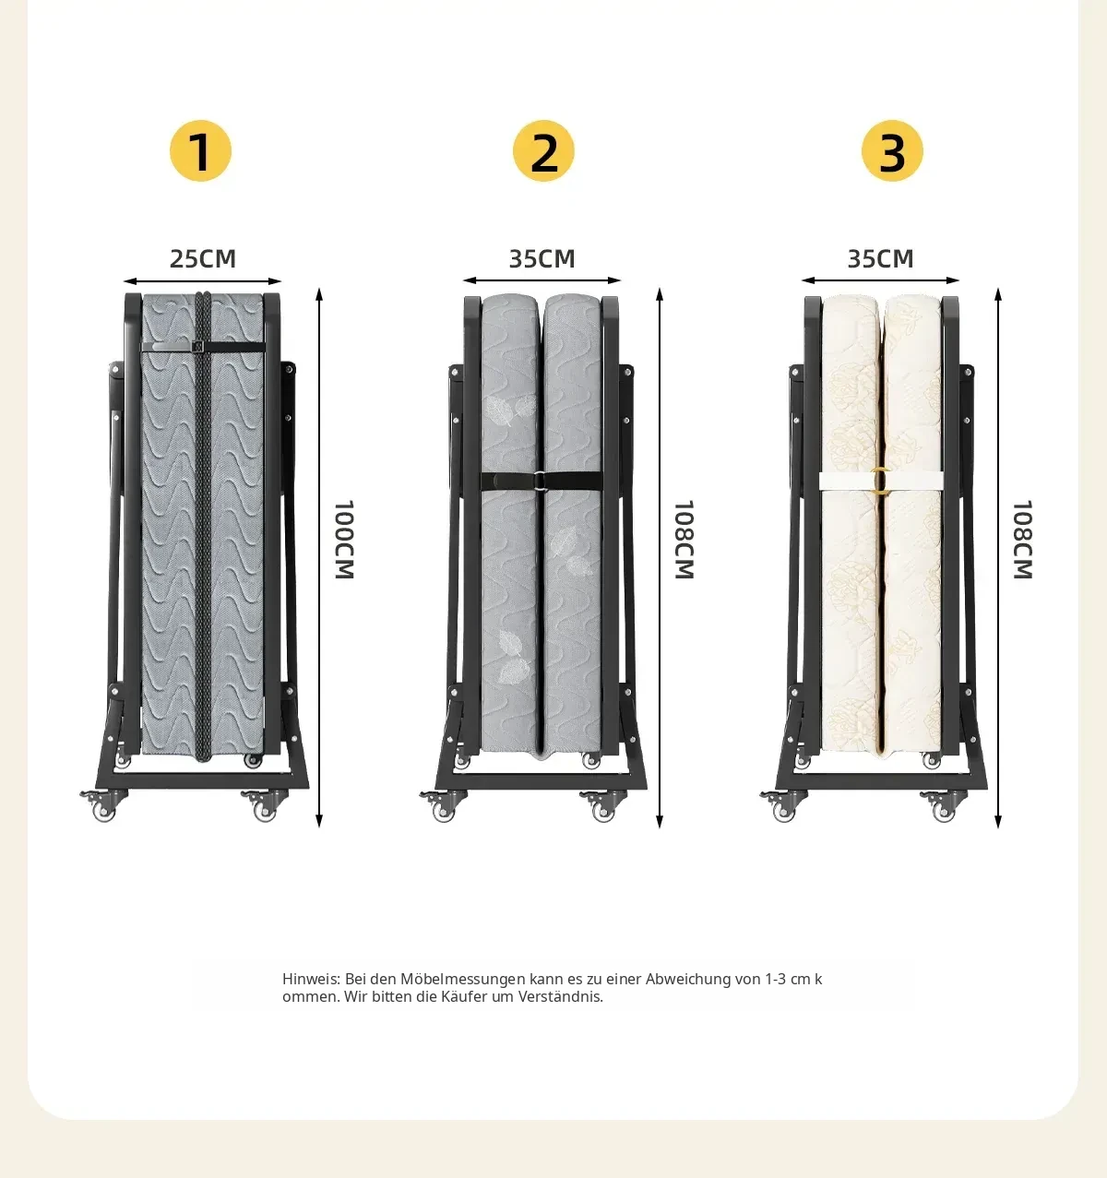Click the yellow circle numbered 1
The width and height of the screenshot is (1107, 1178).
coord(200,150)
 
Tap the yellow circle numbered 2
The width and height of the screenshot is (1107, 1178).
coord(543,150)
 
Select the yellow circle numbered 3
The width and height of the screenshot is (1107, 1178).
coord(892,150)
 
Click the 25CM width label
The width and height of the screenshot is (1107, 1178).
coord(203,258)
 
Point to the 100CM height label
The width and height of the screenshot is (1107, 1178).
coord(344,540)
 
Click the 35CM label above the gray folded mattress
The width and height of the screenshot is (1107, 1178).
coord(542,258)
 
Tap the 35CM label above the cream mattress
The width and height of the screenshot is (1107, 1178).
coord(880,258)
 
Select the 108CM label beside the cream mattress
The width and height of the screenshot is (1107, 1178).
coord(1023,540)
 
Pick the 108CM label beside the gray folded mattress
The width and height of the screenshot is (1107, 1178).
coord(684,540)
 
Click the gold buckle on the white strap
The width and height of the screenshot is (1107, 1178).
coord(880,480)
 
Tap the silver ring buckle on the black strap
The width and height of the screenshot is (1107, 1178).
coord(540,480)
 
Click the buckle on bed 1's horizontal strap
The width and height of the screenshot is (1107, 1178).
coord(198,347)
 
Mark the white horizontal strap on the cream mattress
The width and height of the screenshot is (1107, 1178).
coord(880,481)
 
